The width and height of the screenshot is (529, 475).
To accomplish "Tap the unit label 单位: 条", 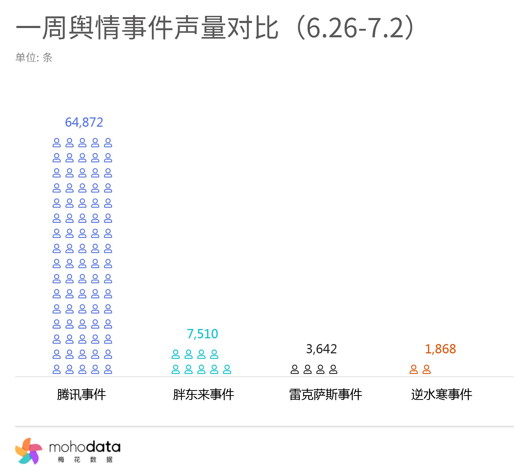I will [x=34, y=57].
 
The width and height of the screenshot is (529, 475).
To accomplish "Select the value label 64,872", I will [x=84, y=122].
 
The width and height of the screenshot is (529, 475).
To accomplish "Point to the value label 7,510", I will [x=202, y=334].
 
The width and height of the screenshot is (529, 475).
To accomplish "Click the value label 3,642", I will [x=321, y=349].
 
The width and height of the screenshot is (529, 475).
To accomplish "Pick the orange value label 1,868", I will [x=440, y=349].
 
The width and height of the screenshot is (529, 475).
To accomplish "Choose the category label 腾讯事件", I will [x=81, y=395].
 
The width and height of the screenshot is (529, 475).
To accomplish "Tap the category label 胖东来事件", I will [x=203, y=395].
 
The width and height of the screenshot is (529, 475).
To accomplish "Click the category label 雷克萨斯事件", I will [x=326, y=395].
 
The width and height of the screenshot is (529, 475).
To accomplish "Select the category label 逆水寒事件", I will [x=441, y=395].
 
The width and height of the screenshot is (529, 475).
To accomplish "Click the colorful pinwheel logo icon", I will [x=29, y=451].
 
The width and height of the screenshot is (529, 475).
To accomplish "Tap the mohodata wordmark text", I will [x=85, y=447].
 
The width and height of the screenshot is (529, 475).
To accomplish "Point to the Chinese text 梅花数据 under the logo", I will [x=85, y=460].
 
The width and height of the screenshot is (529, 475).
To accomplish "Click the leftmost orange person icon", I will [x=414, y=369].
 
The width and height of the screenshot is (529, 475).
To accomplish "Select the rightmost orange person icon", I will [x=427, y=369].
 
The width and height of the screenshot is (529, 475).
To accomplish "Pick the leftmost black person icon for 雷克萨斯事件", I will [x=295, y=369].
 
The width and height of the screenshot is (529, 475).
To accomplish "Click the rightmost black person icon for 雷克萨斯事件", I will [x=333, y=369].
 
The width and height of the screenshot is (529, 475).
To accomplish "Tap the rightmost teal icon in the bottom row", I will [x=227, y=369].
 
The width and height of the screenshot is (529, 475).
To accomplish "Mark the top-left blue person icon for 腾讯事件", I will [x=57, y=143].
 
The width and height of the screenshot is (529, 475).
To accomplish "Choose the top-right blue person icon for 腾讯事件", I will [x=108, y=143].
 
